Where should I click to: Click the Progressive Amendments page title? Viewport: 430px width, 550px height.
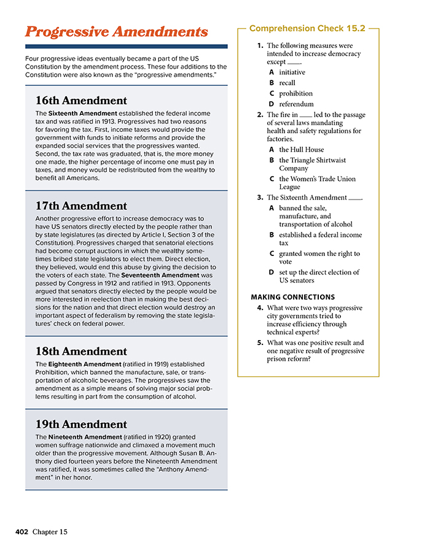click(116, 32)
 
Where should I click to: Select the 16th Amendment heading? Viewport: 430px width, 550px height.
click(81, 101)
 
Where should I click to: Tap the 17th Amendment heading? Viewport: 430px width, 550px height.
click(81, 206)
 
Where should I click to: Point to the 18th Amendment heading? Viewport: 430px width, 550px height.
click(81, 352)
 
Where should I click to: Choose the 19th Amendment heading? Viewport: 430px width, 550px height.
click(81, 424)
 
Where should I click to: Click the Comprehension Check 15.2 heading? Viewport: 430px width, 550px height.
click(307, 29)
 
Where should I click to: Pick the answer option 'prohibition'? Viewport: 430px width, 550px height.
click(295, 93)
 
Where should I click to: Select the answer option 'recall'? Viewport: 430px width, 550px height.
click(287, 83)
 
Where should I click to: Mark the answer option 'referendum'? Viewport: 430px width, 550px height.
click(296, 104)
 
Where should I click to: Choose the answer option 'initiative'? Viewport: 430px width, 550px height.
click(292, 72)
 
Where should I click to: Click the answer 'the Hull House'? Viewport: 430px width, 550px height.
click(301, 149)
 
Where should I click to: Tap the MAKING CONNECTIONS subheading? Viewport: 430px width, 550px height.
click(292, 297)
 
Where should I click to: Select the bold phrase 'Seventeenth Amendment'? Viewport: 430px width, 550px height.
click(159, 275)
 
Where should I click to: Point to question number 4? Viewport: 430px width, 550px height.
click(260, 308)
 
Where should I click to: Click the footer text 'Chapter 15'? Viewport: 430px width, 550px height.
click(50, 532)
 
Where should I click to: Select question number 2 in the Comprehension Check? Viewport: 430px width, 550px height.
click(260, 115)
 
